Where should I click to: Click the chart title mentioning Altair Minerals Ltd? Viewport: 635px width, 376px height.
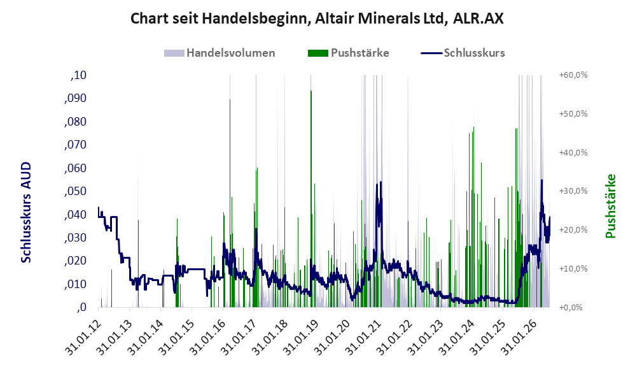pyautogui.click(x=317, y=18)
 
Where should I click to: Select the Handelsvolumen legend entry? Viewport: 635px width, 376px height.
pyautogui.click(x=220, y=53)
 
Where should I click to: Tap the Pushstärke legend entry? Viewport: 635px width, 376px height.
pyautogui.click(x=348, y=53)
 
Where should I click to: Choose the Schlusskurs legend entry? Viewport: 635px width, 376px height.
pyautogui.click(x=463, y=53)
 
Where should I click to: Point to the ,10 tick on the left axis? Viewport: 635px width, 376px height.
pyautogui.click(x=78, y=75)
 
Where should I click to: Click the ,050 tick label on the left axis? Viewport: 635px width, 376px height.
pyautogui.click(x=75, y=191)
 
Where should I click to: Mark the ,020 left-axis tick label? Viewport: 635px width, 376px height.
pyautogui.click(x=75, y=261)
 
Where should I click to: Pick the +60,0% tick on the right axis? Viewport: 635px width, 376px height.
pyautogui.click(x=573, y=75)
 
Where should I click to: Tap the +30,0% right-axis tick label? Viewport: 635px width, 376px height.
pyautogui.click(x=573, y=191)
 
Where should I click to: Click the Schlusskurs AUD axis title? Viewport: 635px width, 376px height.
pyautogui.click(x=26, y=212)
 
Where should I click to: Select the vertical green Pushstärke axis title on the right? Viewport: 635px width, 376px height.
pyautogui.click(x=610, y=206)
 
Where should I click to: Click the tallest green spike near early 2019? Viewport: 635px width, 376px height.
pyautogui.click(x=311, y=199)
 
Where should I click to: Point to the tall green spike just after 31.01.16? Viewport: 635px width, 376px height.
pyautogui.click(x=230, y=203)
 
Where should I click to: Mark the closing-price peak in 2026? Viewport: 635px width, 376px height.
pyautogui.click(x=541, y=180)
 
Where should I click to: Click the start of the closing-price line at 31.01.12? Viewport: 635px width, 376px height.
pyautogui.click(x=99, y=207)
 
